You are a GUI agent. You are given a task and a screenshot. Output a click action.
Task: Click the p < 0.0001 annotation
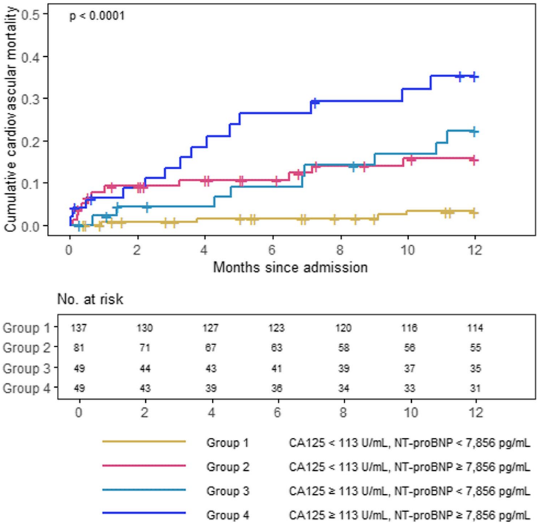(x=98, y=15)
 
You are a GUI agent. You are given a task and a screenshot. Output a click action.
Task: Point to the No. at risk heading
(x=90, y=299)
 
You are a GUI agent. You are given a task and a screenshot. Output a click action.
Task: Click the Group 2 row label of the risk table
(x=26, y=348)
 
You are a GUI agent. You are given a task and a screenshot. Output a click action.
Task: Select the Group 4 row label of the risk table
(x=26, y=388)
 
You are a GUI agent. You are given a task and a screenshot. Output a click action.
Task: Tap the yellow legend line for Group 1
(x=144, y=443)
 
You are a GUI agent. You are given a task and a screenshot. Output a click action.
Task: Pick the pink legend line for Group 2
(x=144, y=466)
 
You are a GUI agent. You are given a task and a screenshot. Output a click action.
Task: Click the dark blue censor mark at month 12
(x=473, y=76)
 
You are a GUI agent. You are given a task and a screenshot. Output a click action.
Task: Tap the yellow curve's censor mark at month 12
(x=473, y=213)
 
